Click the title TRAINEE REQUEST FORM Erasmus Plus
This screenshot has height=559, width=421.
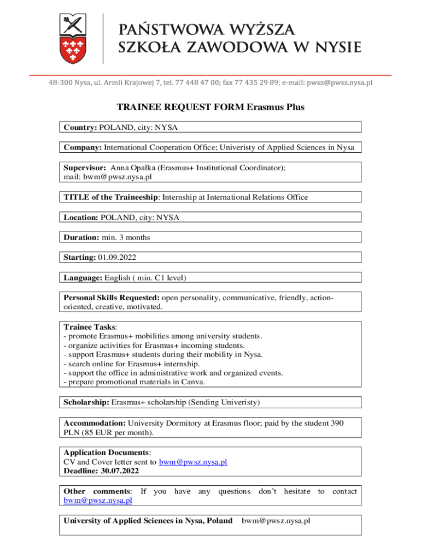210,108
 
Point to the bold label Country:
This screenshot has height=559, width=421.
80,127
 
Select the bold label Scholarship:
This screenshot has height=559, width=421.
86,403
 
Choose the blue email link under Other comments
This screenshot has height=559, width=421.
97,500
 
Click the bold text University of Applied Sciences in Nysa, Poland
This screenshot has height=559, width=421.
148,521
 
